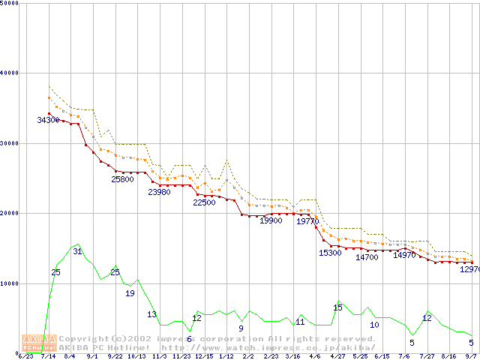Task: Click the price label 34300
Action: [x=48, y=120]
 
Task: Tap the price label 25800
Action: [x=122, y=179]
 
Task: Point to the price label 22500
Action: [x=204, y=202]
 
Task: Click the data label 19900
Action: [x=271, y=220]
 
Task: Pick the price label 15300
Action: [x=330, y=253]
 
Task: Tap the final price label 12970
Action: [x=469, y=268]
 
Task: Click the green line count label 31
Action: [x=77, y=251]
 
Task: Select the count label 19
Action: [x=130, y=293]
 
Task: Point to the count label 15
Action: [x=337, y=307]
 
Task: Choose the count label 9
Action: [x=241, y=328]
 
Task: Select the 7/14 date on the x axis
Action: [x=48, y=356]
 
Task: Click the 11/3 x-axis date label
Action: [x=159, y=356]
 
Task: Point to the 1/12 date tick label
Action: [x=226, y=356]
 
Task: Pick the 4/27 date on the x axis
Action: [x=337, y=356]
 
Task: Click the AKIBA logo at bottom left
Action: [x=39, y=343]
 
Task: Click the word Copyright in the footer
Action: [x=84, y=339]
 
